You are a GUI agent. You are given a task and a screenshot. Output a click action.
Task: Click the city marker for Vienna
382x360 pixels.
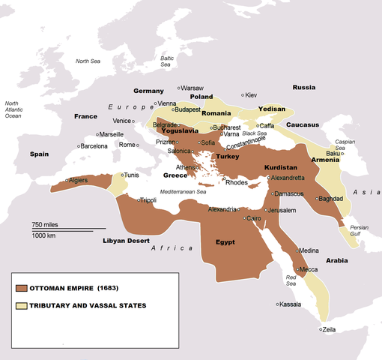pyautogui.click(x=155, y=103)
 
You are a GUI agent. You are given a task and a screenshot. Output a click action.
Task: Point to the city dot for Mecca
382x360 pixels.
pyautogui.click(x=298, y=268)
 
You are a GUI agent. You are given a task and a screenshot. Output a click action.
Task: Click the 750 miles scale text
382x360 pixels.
pyautogui.click(x=47, y=224)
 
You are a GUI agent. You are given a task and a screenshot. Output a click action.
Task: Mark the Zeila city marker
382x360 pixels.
pyautogui.click(x=321, y=328)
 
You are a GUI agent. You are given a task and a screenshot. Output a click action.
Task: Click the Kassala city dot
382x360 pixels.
pyautogui.click(x=277, y=304)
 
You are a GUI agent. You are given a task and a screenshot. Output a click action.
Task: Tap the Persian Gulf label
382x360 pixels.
pyautogui.click(x=360, y=230)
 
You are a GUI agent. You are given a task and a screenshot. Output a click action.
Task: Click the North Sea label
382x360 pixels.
pyautogui.click(x=88, y=61)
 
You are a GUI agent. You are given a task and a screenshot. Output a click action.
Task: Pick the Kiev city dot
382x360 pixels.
pyautogui.click(x=243, y=95)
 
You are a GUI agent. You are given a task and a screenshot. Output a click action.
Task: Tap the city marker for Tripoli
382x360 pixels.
pyautogui.click(x=140, y=200)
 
